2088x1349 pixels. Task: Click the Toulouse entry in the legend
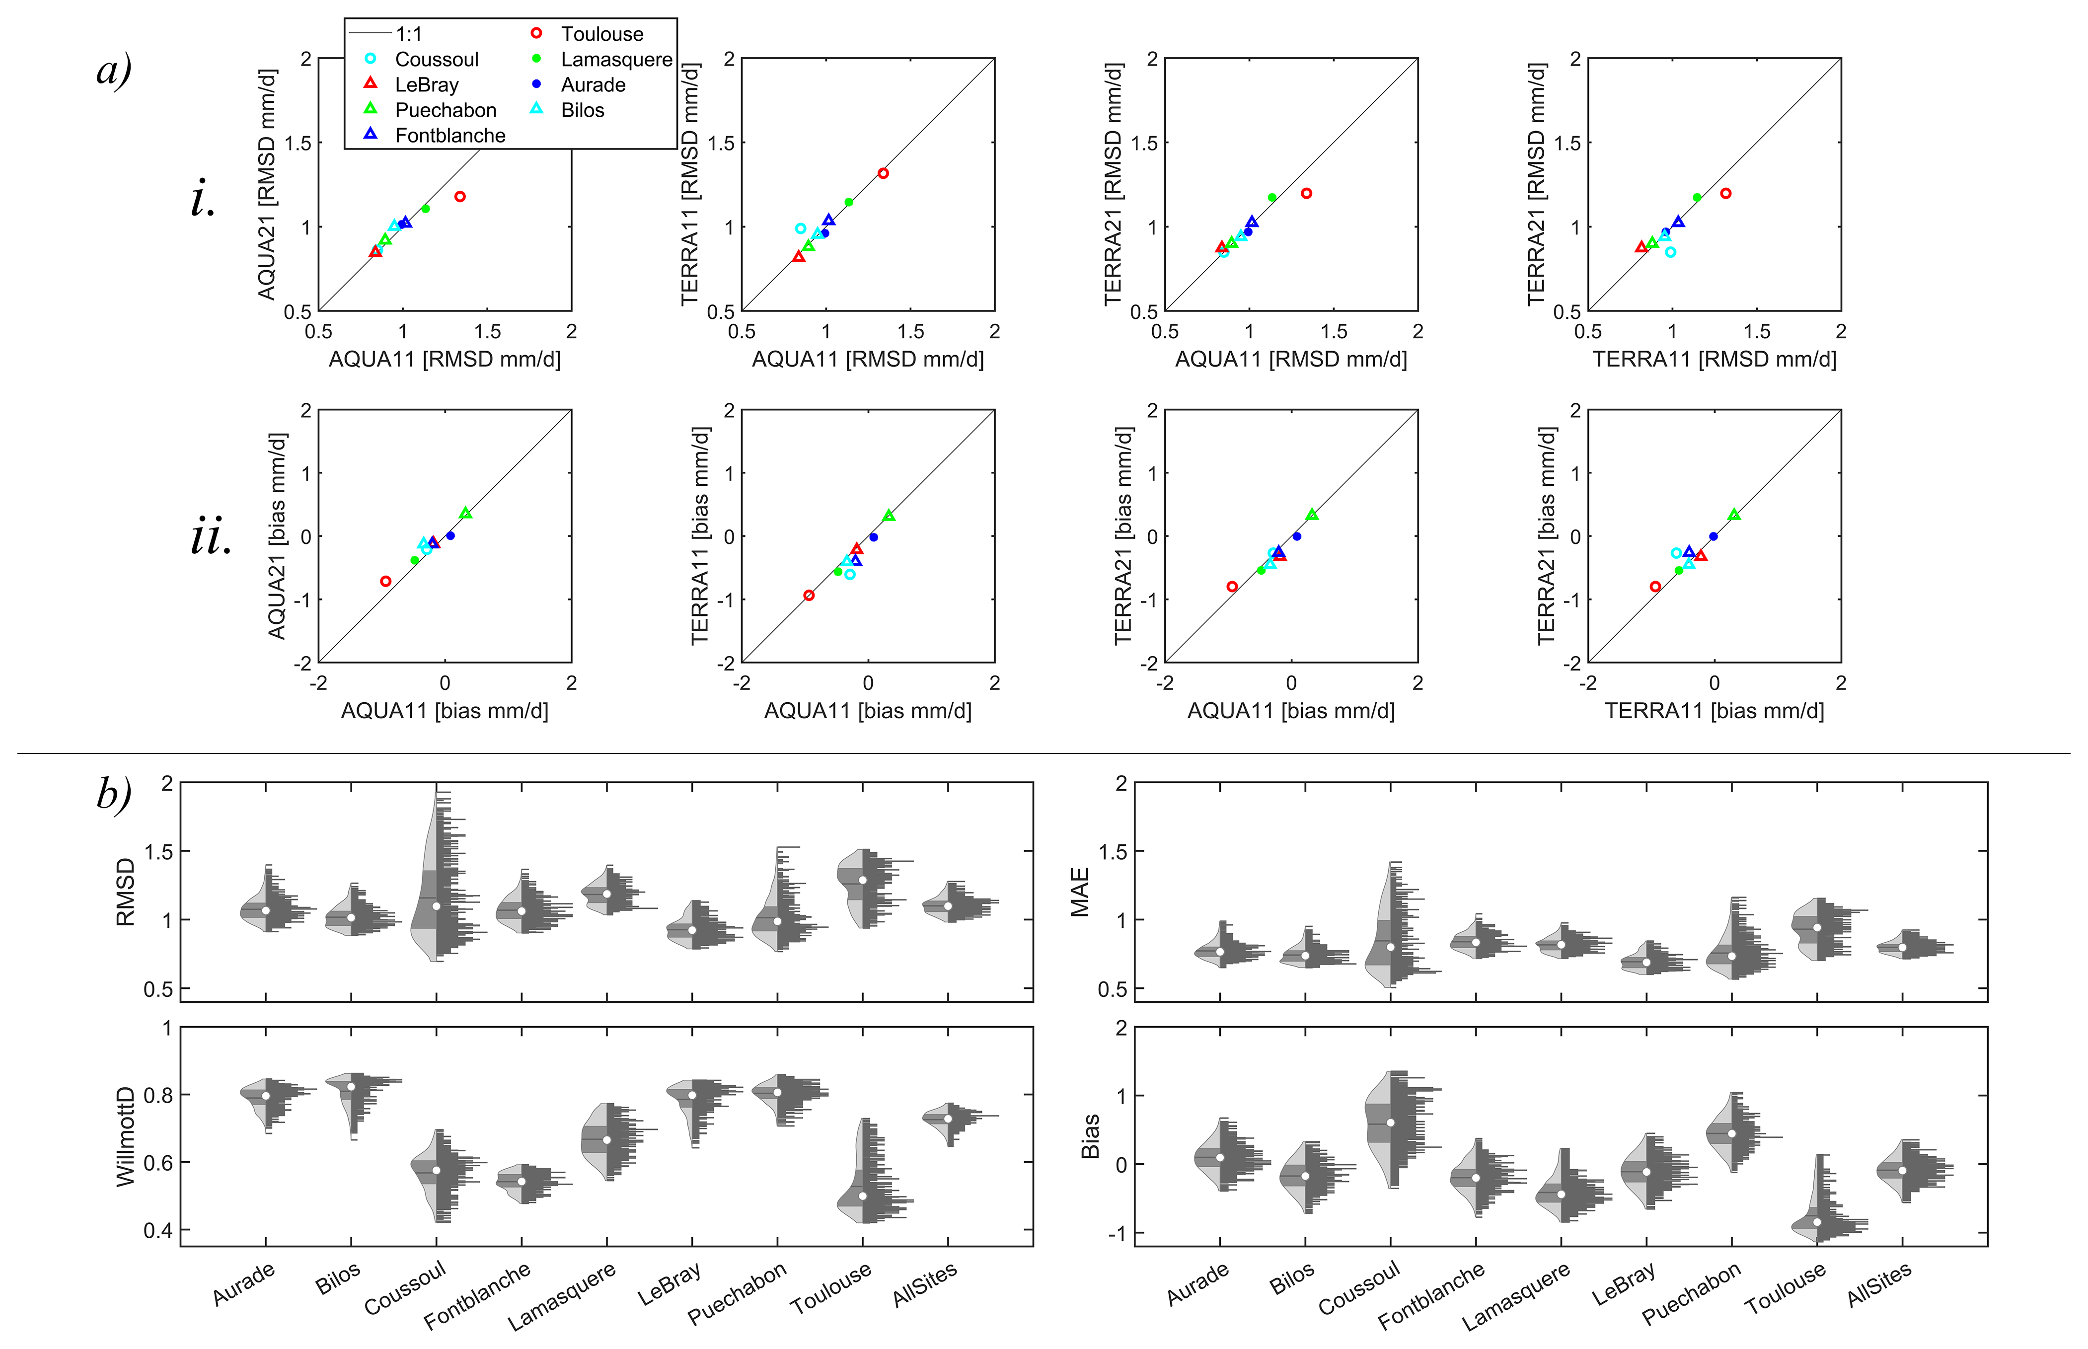click(601, 34)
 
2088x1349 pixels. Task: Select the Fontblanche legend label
click(450, 136)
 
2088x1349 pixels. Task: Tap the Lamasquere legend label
click(616, 60)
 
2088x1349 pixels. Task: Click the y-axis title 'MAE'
click(1080, 892)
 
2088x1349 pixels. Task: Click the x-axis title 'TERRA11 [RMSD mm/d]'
click(1714, 359)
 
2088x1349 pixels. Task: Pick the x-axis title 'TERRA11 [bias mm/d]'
click(1714, 710)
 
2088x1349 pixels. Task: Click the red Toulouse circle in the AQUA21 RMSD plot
click(460, 197)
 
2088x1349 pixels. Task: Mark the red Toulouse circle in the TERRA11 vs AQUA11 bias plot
click(809, 596)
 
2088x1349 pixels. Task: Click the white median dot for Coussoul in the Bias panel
click(1391, 1123)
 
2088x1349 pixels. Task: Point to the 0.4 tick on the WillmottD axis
click(157, 1231)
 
